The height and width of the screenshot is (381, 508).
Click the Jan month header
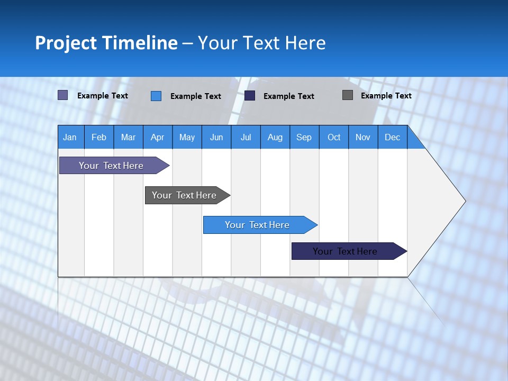tap(70, 137)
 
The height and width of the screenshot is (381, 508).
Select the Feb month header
tap(99, 137)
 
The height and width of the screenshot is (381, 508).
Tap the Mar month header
tap(128, 137)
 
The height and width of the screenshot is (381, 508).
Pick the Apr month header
tap(158, 137)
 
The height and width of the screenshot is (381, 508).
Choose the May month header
tap(187, 137)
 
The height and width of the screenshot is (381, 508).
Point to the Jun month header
tap(216, 137)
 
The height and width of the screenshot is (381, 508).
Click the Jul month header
tap(246, 137)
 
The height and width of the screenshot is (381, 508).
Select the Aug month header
tap(275, 137)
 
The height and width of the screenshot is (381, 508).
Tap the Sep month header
tap(304, 137)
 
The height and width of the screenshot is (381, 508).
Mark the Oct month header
tap(334, 137)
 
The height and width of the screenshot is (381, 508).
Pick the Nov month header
tap(363, 137)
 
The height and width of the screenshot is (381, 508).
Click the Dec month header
tap(393, 137)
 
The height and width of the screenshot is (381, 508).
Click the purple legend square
tap(62, 95)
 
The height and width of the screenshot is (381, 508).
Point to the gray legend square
tap(348, 95)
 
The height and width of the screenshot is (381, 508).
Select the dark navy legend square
tap(250, 95)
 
